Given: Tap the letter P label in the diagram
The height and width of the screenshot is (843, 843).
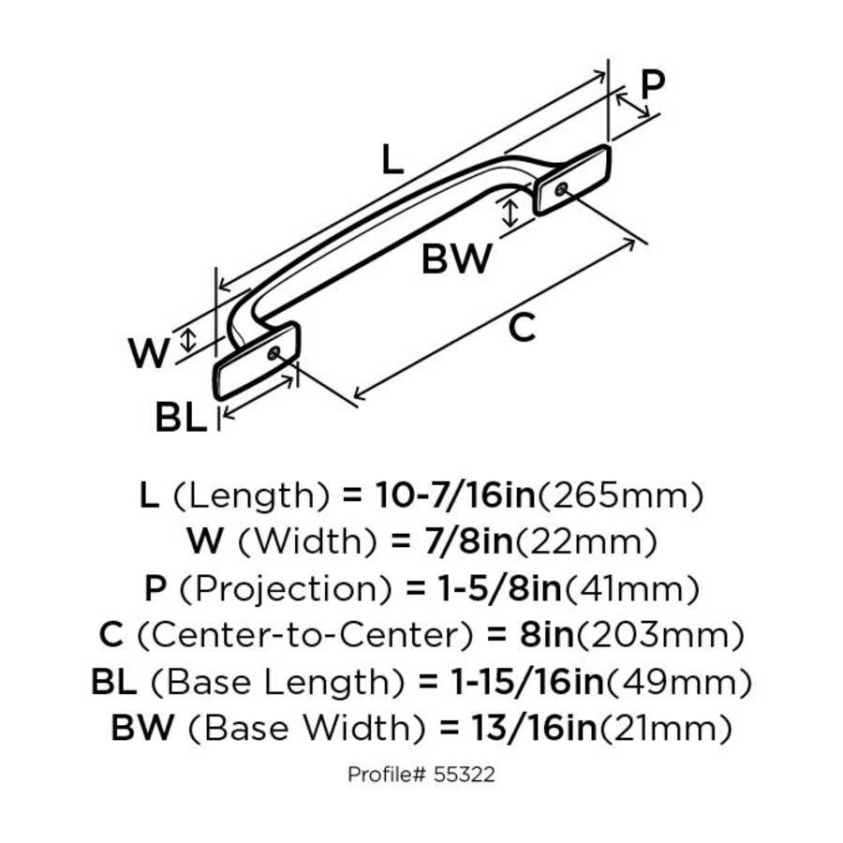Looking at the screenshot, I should [652, 85].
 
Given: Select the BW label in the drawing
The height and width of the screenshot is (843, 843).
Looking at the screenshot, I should [455, 259].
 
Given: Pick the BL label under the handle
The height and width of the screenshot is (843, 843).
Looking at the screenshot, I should [180, 419].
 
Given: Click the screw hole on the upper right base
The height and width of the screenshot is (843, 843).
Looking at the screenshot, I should [561, 190].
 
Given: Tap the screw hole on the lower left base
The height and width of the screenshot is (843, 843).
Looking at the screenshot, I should [274, 354].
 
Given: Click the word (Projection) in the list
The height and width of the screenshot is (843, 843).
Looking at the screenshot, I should [283, 588].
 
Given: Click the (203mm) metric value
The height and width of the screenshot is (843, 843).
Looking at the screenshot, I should [660, 636].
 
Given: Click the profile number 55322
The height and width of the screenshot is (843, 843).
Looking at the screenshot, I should [470, 776].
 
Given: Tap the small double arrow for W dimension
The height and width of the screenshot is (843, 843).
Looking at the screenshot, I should [188, 339].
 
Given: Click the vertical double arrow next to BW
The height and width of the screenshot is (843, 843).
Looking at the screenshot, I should [510, 213].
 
